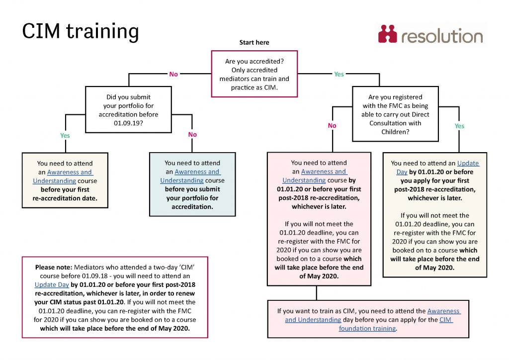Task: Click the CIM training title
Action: coord(81,31)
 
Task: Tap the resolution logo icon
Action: coord(387,34)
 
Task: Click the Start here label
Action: coord(254,43)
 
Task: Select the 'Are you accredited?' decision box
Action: coord(254,74)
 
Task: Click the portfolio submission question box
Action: coord(129,110)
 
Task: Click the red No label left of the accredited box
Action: coord(173,74)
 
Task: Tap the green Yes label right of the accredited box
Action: coord(339,74)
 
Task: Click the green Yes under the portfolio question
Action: coord(65,135)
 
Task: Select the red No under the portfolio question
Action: coord(192,135)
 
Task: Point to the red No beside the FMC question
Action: coord(332,126)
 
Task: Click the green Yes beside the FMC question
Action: coord(459,126)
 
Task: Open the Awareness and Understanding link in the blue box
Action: coord(190,176)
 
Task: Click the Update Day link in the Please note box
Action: coord(51,285)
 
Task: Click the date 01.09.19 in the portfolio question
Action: coord(128,123)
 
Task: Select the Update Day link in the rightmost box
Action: coord(468,168)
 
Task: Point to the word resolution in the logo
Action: coord(441,36)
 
